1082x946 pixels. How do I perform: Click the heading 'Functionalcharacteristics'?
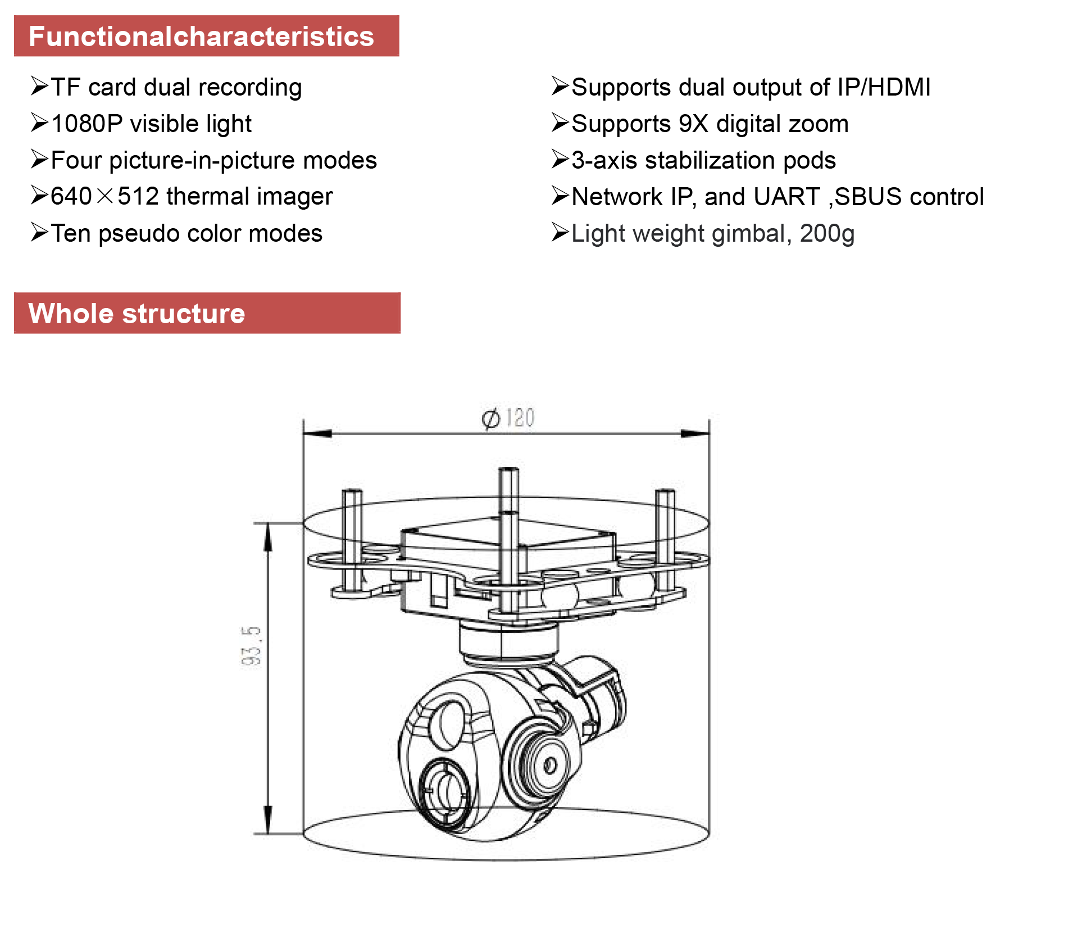click(201, 37)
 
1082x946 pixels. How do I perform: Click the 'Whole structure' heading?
click(137, 314)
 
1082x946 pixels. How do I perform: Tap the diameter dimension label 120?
click(520, 418)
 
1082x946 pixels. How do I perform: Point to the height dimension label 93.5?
click(251, 646)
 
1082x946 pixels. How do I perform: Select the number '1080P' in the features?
click(87, 124)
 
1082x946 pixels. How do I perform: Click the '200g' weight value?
click(827, 234)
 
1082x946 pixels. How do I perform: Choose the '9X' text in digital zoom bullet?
click(693, 124)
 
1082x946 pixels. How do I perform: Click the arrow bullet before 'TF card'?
click(39, 87)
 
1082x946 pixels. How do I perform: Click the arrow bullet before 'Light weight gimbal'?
click(560, 232)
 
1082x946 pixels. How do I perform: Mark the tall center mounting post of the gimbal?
click(508, 540)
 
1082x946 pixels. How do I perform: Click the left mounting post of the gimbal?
click(352, 540)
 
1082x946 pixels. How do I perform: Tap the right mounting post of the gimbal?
click(665, 540)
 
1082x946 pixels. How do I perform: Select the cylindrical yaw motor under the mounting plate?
click(508, 641)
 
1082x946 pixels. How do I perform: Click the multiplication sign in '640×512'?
click(105, 197)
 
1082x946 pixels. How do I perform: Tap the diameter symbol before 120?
click(490, 419)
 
